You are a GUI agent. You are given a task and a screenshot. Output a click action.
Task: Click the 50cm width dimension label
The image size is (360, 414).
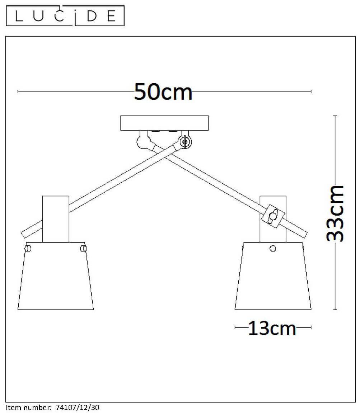pos(163,92)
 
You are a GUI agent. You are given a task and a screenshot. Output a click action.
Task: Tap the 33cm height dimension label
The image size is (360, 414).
pos(335,213)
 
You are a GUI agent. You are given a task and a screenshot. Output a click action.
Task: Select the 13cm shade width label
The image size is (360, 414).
pos(272,328)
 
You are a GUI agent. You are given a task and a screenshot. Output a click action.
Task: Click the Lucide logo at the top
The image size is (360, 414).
pos(65,16)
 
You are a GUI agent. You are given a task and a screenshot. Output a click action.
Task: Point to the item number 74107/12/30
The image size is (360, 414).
pos(78,408)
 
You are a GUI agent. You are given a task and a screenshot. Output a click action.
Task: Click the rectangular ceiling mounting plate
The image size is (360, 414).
pos(164,123)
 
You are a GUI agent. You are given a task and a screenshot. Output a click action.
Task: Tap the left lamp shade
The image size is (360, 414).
pos(56,276)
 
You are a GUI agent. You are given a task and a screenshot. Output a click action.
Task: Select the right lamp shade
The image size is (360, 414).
pos(273,276)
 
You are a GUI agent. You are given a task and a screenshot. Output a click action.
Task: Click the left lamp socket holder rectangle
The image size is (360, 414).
pos(56,219)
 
